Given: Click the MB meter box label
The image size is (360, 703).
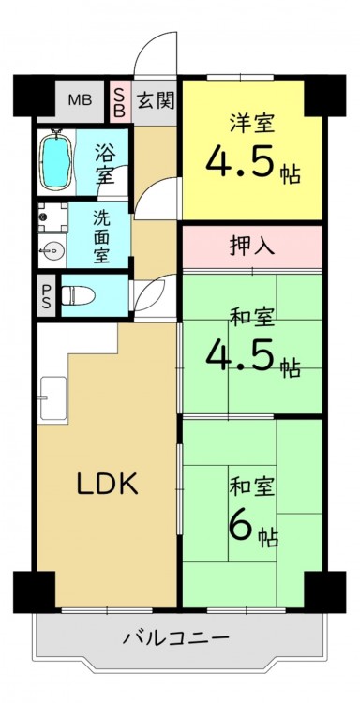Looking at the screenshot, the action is point(80,100).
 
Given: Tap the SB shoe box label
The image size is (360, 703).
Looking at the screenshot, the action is point(119,102).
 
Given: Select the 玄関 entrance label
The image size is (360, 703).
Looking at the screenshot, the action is point(155,100).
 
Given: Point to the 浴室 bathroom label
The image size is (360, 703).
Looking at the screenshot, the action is point(105,162).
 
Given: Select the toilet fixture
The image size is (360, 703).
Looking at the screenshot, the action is point(78,295).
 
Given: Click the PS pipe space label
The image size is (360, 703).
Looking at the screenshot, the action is point(47,296).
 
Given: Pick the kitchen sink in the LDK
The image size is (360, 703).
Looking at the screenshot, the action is point(53,397).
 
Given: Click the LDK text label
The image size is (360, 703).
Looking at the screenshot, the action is point(107,484).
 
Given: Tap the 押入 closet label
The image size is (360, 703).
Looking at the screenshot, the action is point(251,247).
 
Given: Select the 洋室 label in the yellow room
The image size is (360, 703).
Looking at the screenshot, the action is point(252,123).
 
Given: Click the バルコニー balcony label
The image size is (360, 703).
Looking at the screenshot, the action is point(176,636).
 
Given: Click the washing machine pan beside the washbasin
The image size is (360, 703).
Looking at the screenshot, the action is point(52,217).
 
